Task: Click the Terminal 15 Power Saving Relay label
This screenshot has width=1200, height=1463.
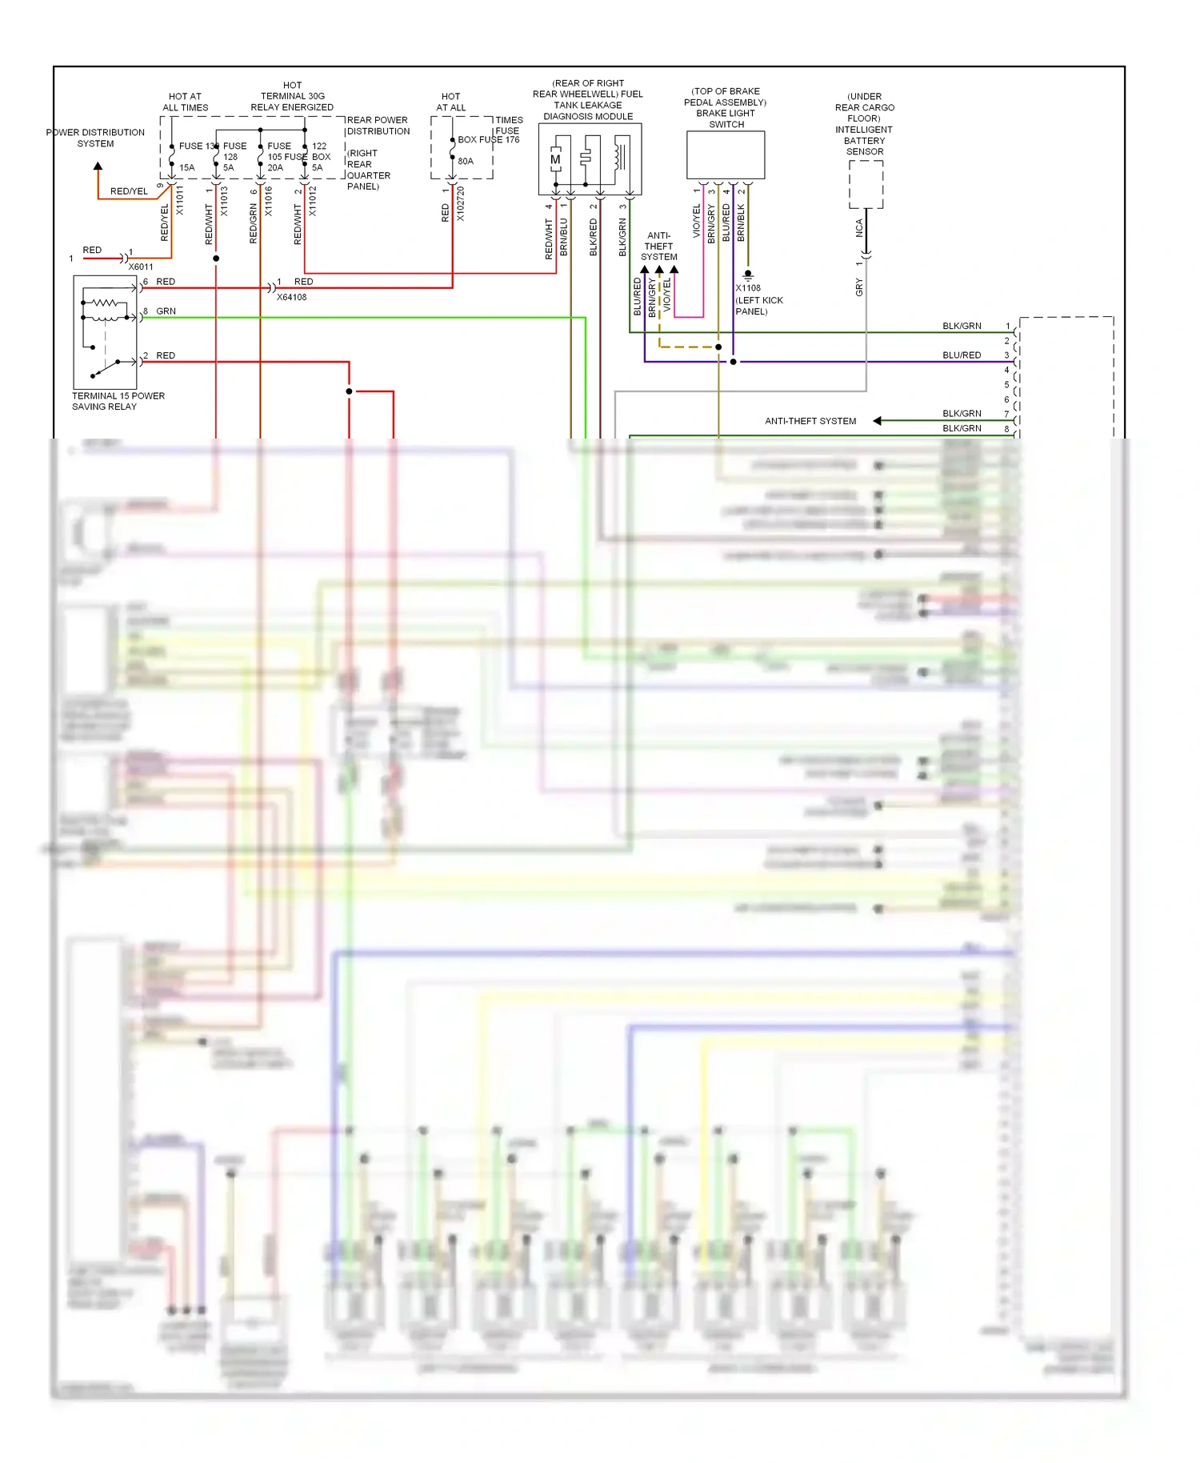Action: pos(118,401)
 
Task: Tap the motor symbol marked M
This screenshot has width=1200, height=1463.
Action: pos(555,160)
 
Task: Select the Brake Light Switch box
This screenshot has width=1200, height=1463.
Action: pos(726,155)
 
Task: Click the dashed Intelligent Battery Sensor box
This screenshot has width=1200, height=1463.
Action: pos(866,184)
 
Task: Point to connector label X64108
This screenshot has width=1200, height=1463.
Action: pos(291,297)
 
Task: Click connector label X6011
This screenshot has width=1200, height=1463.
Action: pos(141,267)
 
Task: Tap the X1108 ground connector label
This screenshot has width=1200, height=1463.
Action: pos(748,288)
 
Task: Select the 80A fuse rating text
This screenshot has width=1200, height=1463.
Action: pos(466,161)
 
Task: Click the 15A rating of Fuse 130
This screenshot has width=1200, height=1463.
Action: pos(187,167)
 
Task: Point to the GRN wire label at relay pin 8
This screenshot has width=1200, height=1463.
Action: pos(166,311)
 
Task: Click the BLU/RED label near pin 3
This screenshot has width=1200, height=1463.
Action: pos(961,355)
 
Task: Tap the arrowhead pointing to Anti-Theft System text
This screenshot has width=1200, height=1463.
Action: pos(877,421)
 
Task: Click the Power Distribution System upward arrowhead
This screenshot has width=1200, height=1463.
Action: pos(98,166)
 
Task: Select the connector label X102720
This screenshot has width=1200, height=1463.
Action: pos(461,205)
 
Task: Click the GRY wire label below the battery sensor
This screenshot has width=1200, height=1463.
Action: pos(859,287)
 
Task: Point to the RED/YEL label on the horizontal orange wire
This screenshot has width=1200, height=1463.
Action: pos(129,191)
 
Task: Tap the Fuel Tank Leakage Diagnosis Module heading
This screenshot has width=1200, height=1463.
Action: pos(588,100)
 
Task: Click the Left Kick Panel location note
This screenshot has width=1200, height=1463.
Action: pos(758,306)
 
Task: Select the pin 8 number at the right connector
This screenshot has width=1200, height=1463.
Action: pos(1006,429)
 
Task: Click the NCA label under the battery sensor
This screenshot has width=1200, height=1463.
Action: pos(859,228)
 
